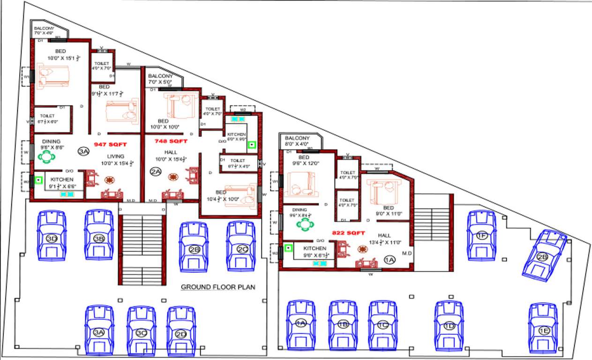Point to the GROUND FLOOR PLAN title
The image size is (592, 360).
coord(218,287)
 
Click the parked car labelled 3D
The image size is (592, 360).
coord(52,236)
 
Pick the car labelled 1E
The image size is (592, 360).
coord(543,328)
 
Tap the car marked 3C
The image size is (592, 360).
coord(141,330)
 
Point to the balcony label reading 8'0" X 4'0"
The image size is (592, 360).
coord(297,141)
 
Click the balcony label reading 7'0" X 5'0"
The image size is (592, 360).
coord(160,79)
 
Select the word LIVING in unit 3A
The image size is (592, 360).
coord(115,157)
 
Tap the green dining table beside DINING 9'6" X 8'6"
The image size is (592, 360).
coord(47,156)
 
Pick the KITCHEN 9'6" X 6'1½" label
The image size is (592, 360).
coord(315,252)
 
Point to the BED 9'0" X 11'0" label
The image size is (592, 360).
coord(388,210)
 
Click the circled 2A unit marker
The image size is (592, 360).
coord(156,172)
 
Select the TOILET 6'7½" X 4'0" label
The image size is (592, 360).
coord(238,163)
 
